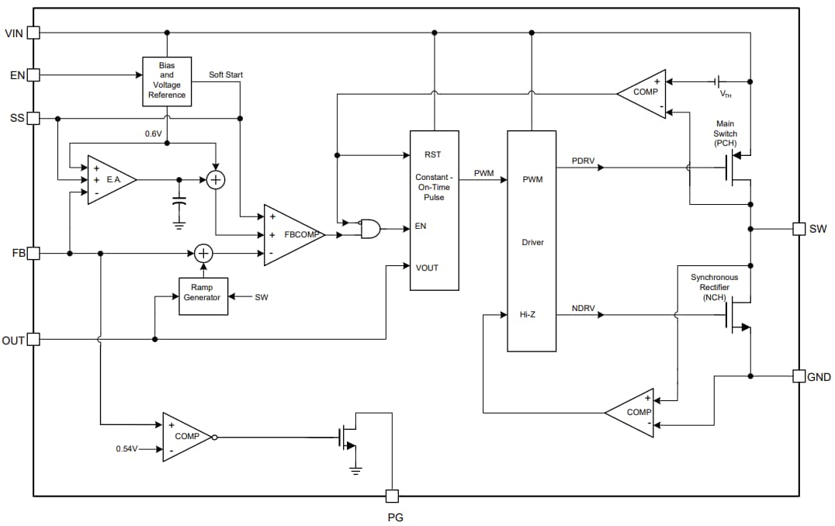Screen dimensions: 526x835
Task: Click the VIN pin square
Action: point(33,33)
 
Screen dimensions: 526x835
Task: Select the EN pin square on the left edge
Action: point(33,75)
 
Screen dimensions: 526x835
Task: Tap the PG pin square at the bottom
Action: point(393,496)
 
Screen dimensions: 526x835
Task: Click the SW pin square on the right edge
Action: point(799,229)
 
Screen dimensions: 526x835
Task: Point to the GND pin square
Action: point(799,376)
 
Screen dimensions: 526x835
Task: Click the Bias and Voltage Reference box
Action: point(167,81)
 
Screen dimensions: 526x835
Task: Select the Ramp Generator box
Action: point(203,296)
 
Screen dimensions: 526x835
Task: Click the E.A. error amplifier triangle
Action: point(109,179)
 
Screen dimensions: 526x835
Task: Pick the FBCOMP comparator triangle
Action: point(291,234)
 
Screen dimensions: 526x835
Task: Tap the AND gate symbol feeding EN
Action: point(371,228)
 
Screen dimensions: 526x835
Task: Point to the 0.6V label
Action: point(154,133)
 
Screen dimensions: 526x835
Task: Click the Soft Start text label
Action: point(226,74)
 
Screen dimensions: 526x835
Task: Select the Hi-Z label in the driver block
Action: point(528,315)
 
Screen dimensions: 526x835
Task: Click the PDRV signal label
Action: point(583,161)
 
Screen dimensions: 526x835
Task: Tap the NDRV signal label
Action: point(583,309)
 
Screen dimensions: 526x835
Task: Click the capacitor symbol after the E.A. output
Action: point(179,203)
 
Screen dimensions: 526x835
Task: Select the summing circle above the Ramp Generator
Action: point(203,253)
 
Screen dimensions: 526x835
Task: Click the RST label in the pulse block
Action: point(432,155)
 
